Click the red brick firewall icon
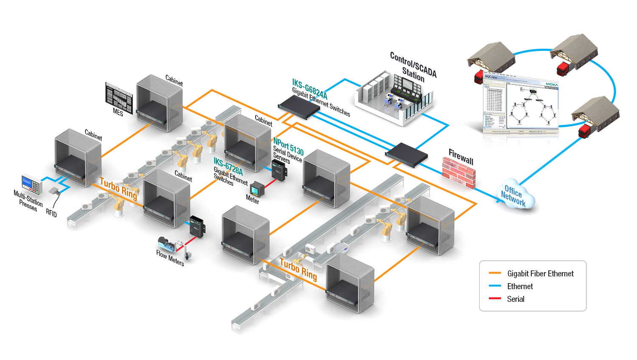pyautogui.click(x=459, y=172)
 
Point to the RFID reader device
pyautogui.click(x=54, y=191)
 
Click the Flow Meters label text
pyautogui.click(x=170, y=258)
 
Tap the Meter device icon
pyautogui.click(x=256, y=188)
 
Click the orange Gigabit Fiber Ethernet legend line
pyautogui.click(x=495, y=273)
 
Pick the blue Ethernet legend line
pyautogui.click(x=495, y=286)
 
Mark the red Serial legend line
pyautogui.click(x=495, y=299)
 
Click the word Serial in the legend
pyautogui.click(x=516, y=299)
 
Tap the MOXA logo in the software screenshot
pyautogui.click(x=552, y=84)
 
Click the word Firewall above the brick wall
pyautogui.click(x=461, y=157)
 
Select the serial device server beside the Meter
pyautogui.click(x=279, y=168)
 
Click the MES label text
pyautogui.click(x=118, y=112)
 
